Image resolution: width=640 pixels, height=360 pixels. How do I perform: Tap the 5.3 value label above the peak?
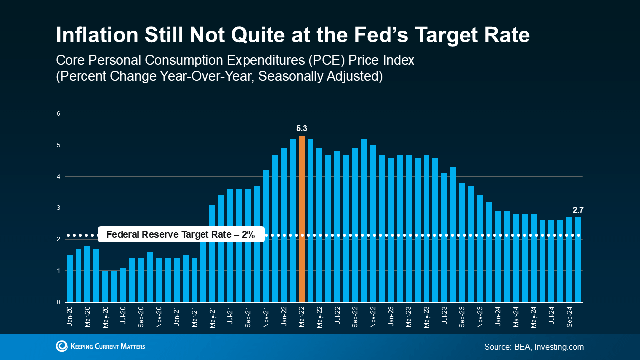point(302,129)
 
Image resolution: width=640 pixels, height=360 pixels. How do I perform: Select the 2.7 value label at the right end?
point(578,210)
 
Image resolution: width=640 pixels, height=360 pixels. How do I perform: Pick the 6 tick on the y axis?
point(58,114)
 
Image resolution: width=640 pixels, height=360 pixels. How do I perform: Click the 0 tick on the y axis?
point(58,302)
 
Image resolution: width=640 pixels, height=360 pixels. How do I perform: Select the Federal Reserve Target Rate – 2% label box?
point(181,234)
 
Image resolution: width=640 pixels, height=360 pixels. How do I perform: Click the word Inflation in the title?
point(97,35)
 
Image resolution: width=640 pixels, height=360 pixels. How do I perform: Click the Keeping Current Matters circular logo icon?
point(62,346)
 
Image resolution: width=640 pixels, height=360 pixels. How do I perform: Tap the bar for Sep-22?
point(355,225)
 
